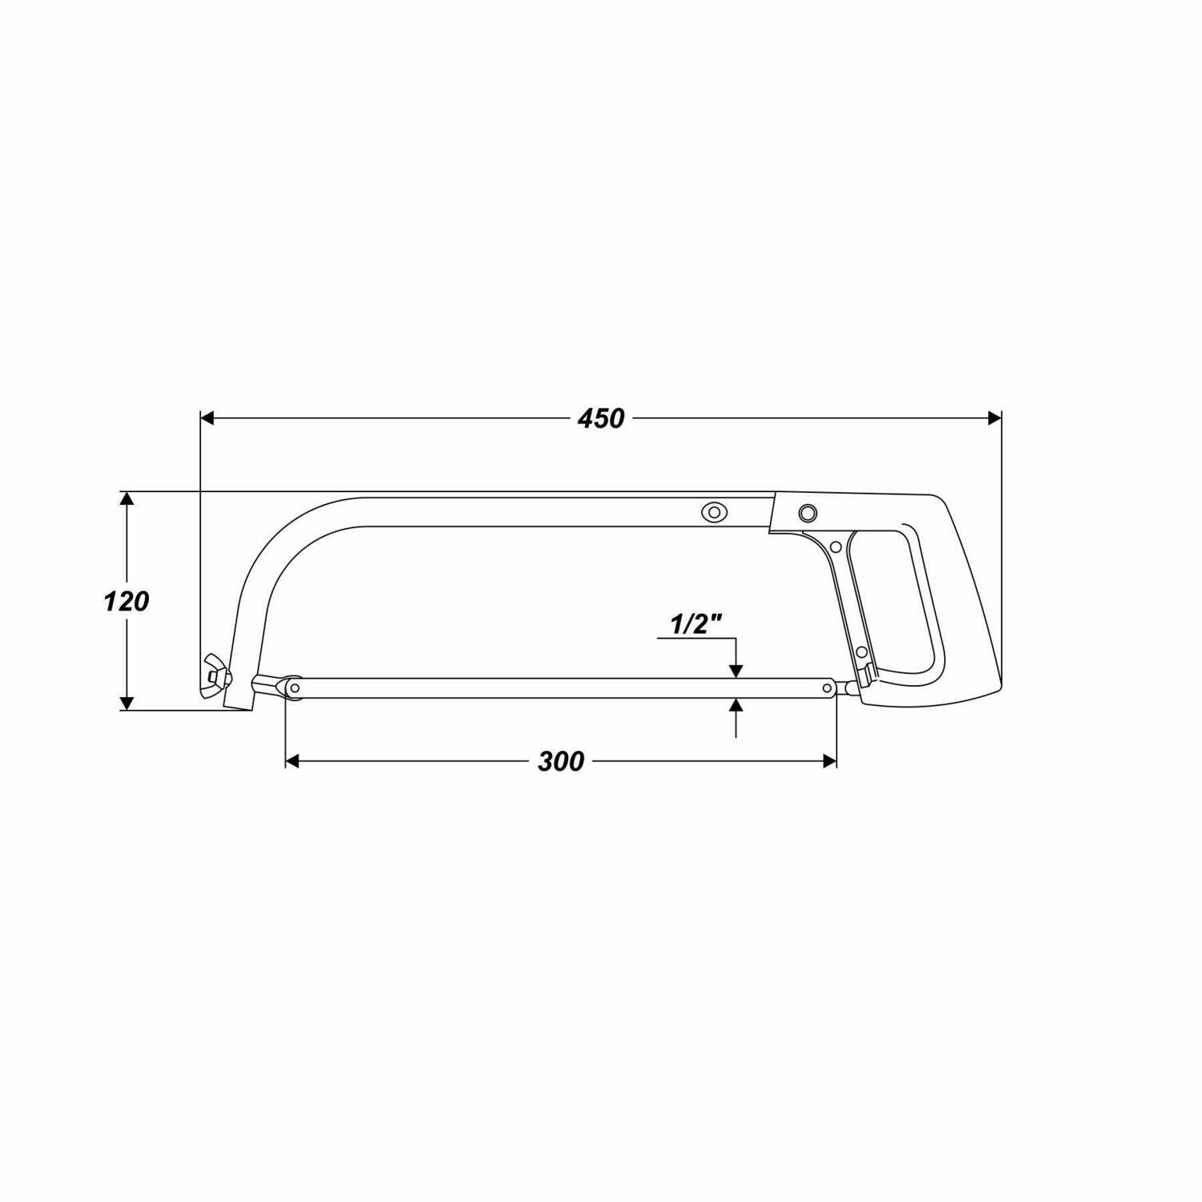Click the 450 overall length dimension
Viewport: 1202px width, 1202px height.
(x=600, y=418)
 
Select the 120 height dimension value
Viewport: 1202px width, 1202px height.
(x=126, y=601)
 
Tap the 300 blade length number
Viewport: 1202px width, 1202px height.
(x=560, y=761)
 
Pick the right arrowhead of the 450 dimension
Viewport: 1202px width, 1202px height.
(x=994, y=417)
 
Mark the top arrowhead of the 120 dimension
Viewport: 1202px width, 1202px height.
(x=126, y=498)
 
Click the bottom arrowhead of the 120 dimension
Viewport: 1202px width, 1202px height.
(x=126, y=704)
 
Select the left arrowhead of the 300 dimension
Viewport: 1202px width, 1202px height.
(x=292, y=760)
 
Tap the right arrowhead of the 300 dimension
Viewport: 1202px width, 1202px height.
(x=829, y=760)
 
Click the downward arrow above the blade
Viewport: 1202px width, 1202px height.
(x=736, y=671)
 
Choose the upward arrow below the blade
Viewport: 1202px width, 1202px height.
(x=736, y=706)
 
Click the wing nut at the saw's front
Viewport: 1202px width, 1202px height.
(x=214, y=676)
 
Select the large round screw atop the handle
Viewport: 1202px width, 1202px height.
(x=807, y=512)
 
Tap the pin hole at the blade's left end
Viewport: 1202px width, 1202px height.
(x=296, y=688)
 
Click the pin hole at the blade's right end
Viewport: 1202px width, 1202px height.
(x=828, y=688)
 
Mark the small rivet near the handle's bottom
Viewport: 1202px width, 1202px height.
(x=861, y=653)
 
